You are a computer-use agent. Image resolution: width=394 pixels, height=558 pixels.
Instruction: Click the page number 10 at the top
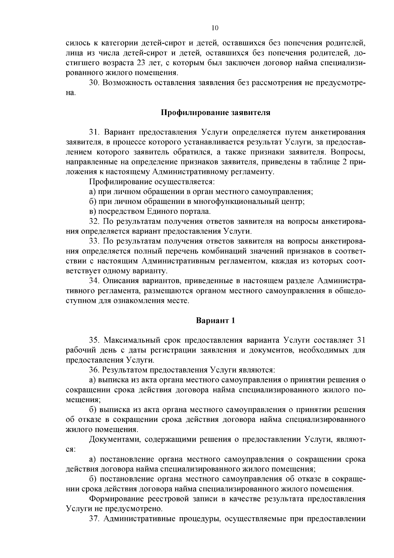click(x=215, y=28)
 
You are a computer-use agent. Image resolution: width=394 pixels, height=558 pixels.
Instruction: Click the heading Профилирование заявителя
click(x=215, y=113)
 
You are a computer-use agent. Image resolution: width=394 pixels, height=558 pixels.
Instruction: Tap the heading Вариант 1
click(x=215, y=320)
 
